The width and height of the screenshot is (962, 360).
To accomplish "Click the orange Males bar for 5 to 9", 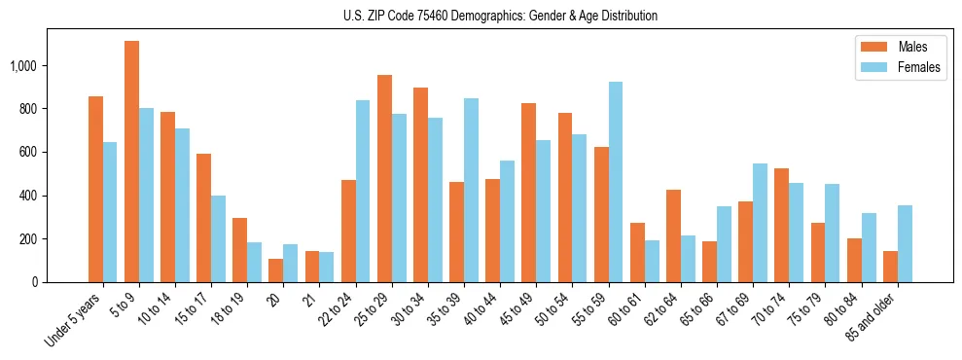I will (x=131, y=162).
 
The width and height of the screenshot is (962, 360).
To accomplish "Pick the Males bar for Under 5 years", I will (x=95, y=190).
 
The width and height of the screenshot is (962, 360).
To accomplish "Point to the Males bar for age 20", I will (x=275, y=270).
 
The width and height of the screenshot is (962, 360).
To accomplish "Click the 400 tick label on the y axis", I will (x=28, y=196).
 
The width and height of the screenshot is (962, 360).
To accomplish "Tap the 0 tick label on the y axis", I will (x=34, y=282).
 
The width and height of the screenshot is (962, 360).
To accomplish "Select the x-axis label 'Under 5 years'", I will (x=74, y=319).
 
